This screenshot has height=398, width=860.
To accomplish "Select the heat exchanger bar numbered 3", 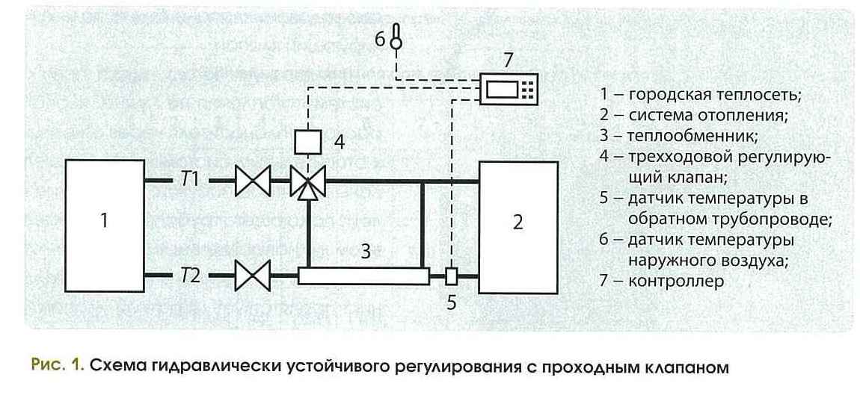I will click(363, 276).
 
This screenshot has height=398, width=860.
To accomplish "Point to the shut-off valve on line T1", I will click(252, 181).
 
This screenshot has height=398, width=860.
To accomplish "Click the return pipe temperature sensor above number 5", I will click(451, 276).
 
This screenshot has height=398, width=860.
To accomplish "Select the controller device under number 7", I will click(508, 89).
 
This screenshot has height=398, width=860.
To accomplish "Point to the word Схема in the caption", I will click(116, 367).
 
